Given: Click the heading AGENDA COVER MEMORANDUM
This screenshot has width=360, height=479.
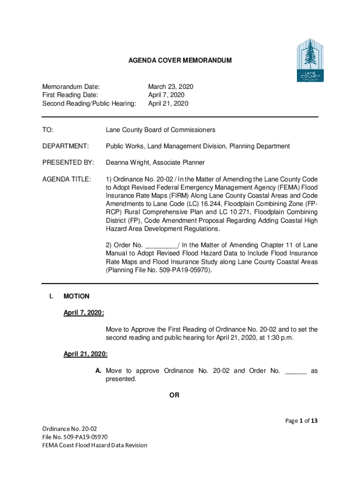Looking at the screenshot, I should (180, 61).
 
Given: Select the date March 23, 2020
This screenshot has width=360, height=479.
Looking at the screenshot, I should (171, 87).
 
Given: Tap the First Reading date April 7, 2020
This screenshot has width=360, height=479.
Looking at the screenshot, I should (166, 95).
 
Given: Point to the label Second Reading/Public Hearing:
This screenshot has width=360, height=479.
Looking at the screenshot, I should (89, 104).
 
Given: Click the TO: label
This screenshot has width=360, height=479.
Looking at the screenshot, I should (48, 130).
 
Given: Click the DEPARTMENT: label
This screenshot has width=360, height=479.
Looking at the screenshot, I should (65, 146).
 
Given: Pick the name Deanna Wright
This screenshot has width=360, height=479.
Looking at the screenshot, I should (126, 163).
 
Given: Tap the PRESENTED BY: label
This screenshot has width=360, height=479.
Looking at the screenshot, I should (68, 163).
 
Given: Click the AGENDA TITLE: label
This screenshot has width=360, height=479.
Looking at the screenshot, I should (66, 179).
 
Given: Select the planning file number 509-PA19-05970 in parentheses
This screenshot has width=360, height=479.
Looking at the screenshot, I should (184, 270).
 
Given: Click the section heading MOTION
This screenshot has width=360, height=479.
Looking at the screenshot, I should (76, 296).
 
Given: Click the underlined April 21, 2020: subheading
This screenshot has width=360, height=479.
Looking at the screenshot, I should (86, 355).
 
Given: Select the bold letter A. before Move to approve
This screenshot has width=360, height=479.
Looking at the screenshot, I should (99, 371).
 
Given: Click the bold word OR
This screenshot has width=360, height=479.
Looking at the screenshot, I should (174, 396).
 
